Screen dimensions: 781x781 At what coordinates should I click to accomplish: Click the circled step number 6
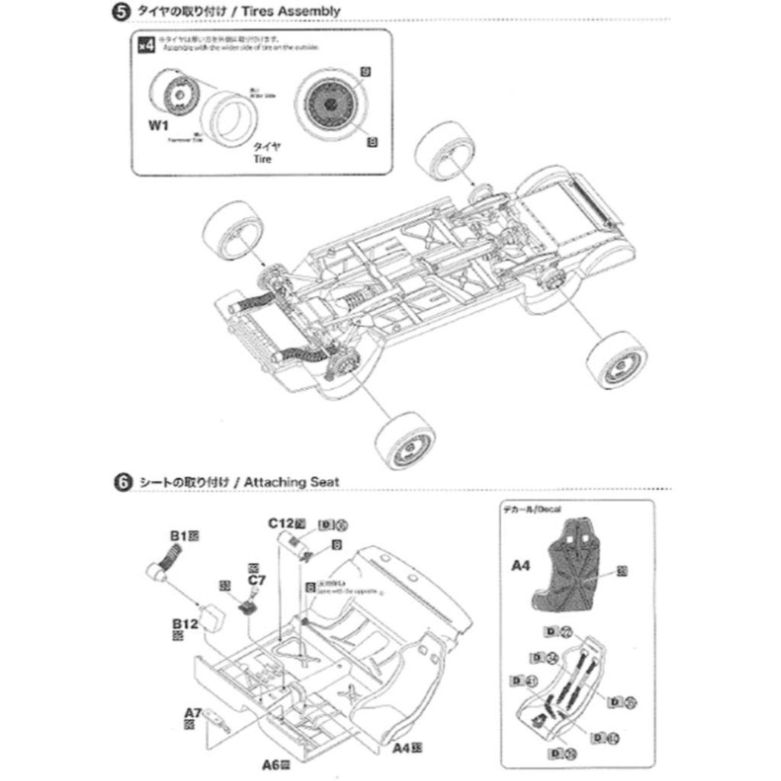pos(119,482)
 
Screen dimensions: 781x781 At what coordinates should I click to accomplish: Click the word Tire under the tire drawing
pos(262,159)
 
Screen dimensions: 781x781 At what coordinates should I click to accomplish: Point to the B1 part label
pos(178,536)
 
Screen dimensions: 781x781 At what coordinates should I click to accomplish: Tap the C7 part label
pos(257,580)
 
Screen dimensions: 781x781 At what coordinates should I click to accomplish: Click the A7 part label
pos(193,713)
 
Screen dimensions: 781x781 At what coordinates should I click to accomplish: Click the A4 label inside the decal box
pos(520,566)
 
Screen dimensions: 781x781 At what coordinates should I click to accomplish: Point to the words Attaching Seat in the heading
pos(293,482)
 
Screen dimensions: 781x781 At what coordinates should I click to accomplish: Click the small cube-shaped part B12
pos(211,617)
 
